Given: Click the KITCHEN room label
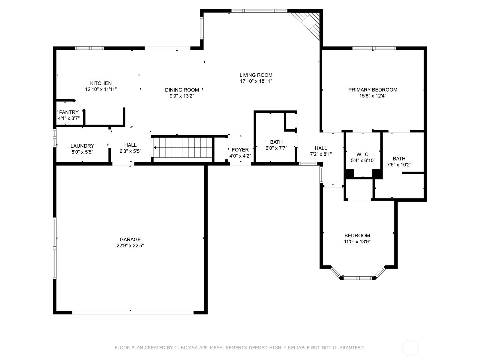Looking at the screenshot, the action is [x=101, y=83].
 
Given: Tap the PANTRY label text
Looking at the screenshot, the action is [x=69, y=112].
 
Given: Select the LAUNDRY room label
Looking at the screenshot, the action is [x=82, y=146].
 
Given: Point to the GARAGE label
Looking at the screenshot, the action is [x=130, y=239].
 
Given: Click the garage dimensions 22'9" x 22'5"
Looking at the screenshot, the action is [x=130, y=245].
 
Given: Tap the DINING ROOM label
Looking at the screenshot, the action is [x=182, y=90].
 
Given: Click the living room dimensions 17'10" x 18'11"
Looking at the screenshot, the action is [x=256, y=81].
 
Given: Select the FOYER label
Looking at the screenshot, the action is [x=240, y=150].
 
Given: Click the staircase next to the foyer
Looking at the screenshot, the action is [x=183, y=148].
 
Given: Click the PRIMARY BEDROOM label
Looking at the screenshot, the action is [x=373, y=90].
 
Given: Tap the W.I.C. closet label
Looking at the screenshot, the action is [x=363, y=154].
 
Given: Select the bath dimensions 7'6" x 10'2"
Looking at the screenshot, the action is [x=399, y=165].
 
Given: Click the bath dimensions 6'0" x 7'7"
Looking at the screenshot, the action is [x=276, y=148].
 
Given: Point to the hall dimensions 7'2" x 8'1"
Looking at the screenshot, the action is [x=321, y=154].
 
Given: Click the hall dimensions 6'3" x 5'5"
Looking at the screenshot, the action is [x=130, y=151].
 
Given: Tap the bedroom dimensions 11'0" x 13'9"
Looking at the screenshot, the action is [x=357, y=241].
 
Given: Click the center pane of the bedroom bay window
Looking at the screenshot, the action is [x=358, y=278].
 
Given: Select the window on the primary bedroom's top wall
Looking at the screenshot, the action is [x=374, y=48].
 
